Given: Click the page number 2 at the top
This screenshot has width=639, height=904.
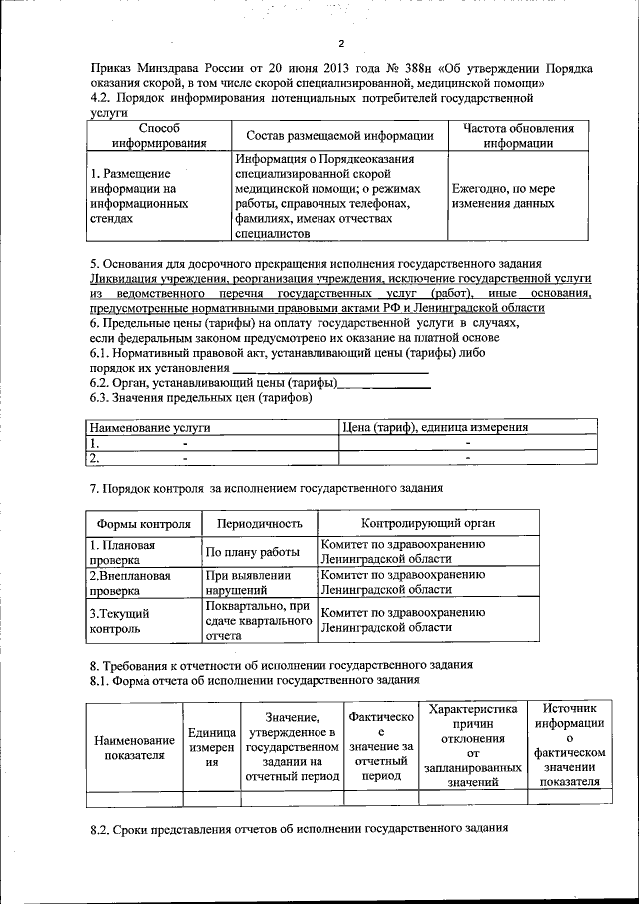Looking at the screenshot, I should click(x=340, y=43).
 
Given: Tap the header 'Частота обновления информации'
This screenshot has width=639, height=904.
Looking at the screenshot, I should click(x=513, y=136).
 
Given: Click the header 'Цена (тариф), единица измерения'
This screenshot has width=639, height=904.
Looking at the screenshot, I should click(x=435, y=427).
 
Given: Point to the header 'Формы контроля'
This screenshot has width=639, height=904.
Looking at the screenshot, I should click(x=143, y=523).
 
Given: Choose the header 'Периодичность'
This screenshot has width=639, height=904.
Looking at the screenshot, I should click(x=260, y=523).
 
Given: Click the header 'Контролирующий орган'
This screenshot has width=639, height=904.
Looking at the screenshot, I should click(x=427, y=523).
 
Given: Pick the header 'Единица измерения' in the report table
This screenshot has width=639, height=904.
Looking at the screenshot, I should click(x=211, y=747).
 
